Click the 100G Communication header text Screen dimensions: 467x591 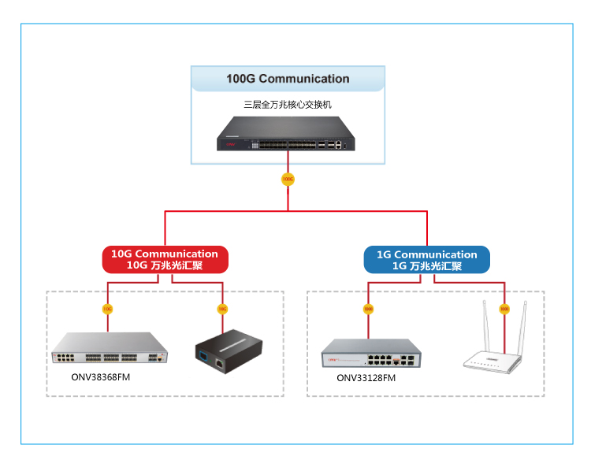pos(288,79)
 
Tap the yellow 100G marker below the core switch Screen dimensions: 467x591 pos(288,180)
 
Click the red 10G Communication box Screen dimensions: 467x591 pos(165,259)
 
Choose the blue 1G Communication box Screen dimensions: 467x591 pos(426,259)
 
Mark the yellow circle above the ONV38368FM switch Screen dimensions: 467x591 pos(107,309)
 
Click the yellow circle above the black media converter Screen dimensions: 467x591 pos(222,309)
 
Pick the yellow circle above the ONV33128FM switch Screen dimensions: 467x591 pos(368,309)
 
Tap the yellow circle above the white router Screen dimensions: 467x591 pos(504,309)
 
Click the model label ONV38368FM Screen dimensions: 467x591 pos(100,377)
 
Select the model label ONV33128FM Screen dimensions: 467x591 pos(366,378)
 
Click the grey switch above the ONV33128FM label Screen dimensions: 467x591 pos(370,354)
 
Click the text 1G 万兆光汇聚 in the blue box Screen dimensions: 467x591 pos(426,266)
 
